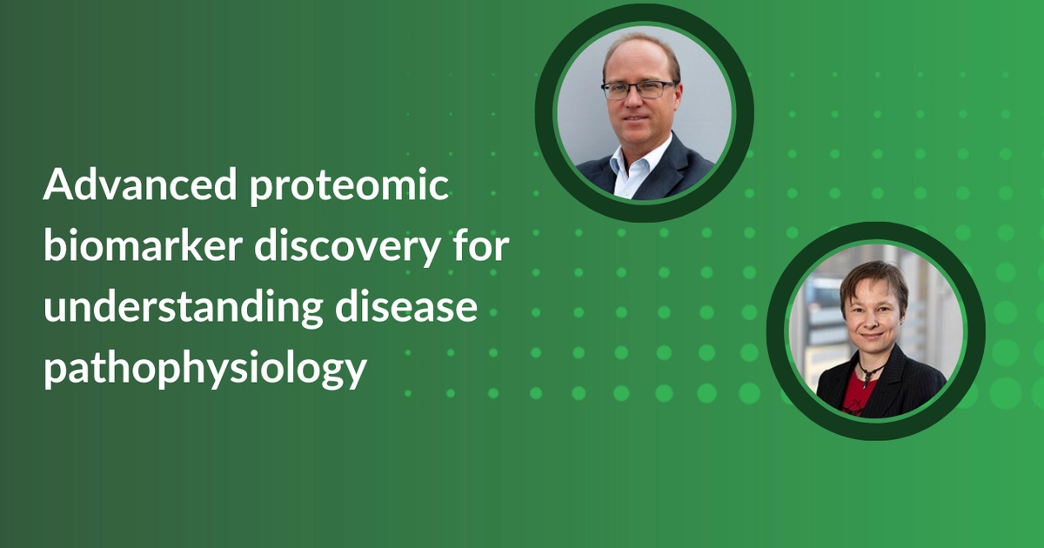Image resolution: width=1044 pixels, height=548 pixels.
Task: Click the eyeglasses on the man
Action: pos(639,89)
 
